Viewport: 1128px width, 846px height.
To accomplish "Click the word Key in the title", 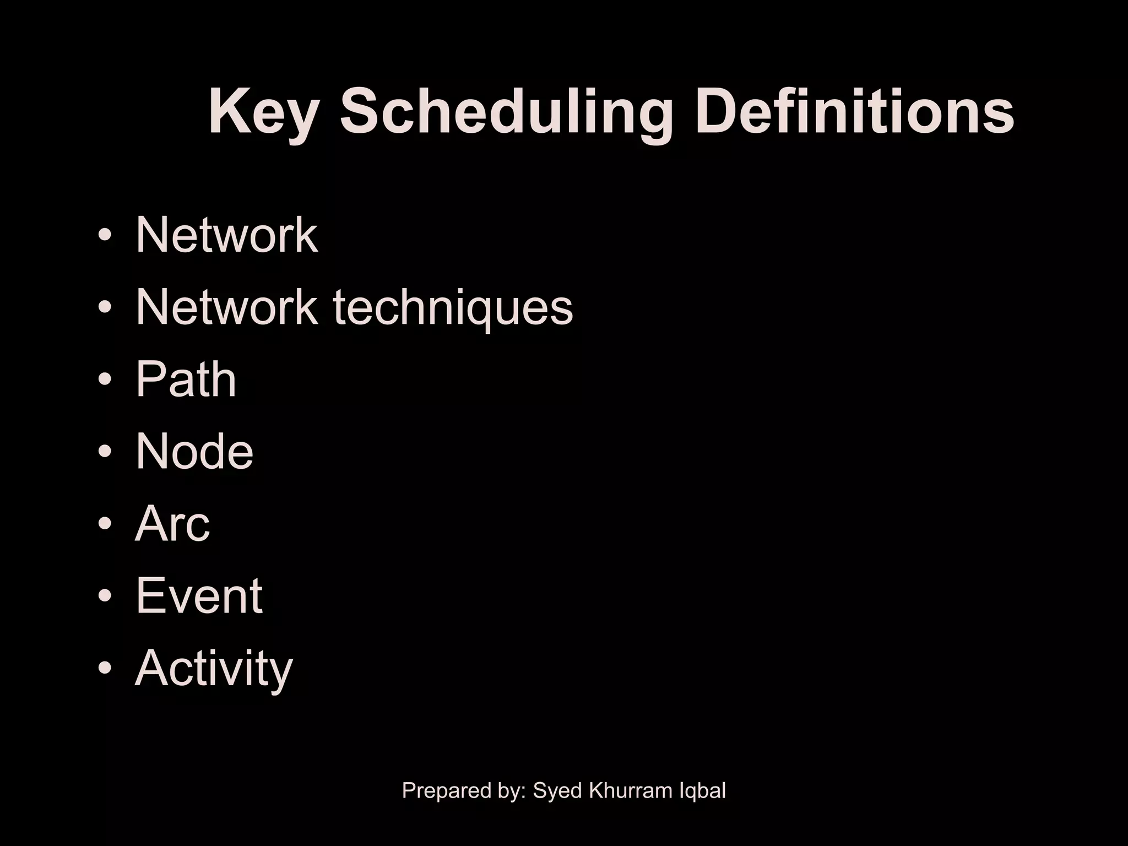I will [263, 113].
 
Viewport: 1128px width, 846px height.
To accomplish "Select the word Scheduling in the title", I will [506, 113].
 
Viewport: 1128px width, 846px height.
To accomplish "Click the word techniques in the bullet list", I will [453, 308].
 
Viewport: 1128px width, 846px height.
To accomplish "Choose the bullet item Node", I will [194, 451].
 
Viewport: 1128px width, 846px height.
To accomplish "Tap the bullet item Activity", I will [213, 668].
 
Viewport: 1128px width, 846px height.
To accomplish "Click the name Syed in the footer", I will [558, 791].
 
